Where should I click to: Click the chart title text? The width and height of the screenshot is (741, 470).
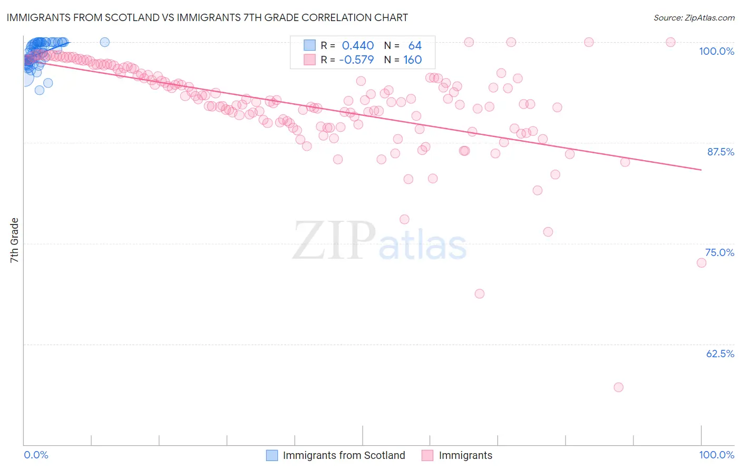(x=207, y=18)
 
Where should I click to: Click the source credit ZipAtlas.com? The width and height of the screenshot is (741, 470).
(x=694, y=18)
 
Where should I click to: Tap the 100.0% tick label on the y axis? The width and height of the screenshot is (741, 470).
(x=716, y=51)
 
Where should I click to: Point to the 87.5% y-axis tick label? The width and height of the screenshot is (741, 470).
(x=720, y=152)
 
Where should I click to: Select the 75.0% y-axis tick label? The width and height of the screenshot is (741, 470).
(x=719, y=252)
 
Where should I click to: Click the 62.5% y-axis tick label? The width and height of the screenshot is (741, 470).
(x=720, y=354)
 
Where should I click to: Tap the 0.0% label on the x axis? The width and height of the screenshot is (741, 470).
(x=36, y=455)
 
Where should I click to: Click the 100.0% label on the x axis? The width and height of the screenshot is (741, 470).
(x=716, y=455)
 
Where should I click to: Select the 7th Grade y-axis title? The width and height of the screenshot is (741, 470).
(x=14, y=240)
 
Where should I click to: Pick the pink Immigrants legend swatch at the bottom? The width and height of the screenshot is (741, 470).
(x=427, y=455)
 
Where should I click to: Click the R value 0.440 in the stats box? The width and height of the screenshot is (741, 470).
(x=358, y=46)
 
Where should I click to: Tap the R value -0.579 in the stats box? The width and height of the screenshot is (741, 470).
(x=356, y=60)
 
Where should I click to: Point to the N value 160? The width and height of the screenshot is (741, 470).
(x=412, y=60)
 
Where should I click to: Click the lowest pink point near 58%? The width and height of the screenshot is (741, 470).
(x=619, y=387)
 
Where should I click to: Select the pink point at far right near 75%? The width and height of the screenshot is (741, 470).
(x=701, y=263)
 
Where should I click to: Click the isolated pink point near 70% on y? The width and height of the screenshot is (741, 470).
(x=479, y=293)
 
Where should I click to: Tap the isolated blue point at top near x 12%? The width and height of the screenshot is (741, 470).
(x=104, y=42)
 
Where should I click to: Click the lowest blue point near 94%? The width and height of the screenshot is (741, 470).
(x=40, y=90)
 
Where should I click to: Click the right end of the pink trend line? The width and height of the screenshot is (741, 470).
(x=701, y=170)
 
